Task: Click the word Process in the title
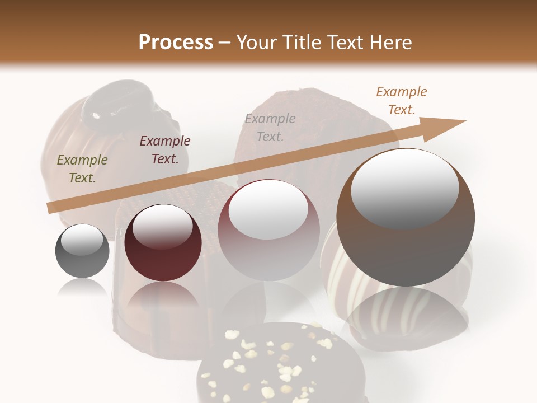(x=176, y=43)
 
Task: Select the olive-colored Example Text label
(x=82, y=168)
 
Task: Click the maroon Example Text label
(x=165, y=149)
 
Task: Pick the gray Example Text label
(x=270, y=127)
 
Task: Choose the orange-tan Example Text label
(x=401, y=100)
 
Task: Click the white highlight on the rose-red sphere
(x=268, y=210)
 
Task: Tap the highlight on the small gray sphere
(x=82, y=240)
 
